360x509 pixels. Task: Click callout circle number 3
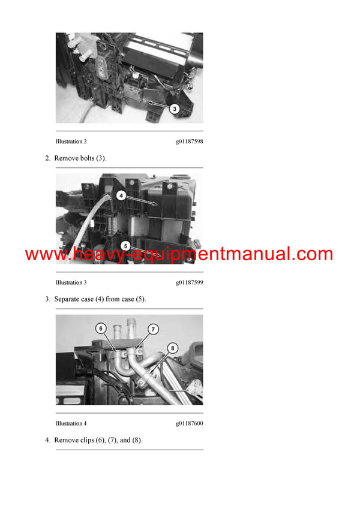click(173, 109)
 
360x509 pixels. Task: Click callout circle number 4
click(121, 195)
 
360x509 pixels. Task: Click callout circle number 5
click(125, 245)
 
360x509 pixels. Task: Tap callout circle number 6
click(101, 329)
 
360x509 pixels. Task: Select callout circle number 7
click(152, 329)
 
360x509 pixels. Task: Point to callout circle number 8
click(173, 347)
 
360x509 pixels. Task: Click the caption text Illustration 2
click(71, 141)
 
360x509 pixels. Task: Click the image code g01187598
click(189, 141)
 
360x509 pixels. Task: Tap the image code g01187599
click(189, 282)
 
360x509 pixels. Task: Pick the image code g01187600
click(189, 423)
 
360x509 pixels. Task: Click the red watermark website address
click(179, 254)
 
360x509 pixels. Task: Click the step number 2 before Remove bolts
click(47, 158)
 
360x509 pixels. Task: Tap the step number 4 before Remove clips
click(47, 440)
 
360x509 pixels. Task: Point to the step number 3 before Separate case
click(47, 299)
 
